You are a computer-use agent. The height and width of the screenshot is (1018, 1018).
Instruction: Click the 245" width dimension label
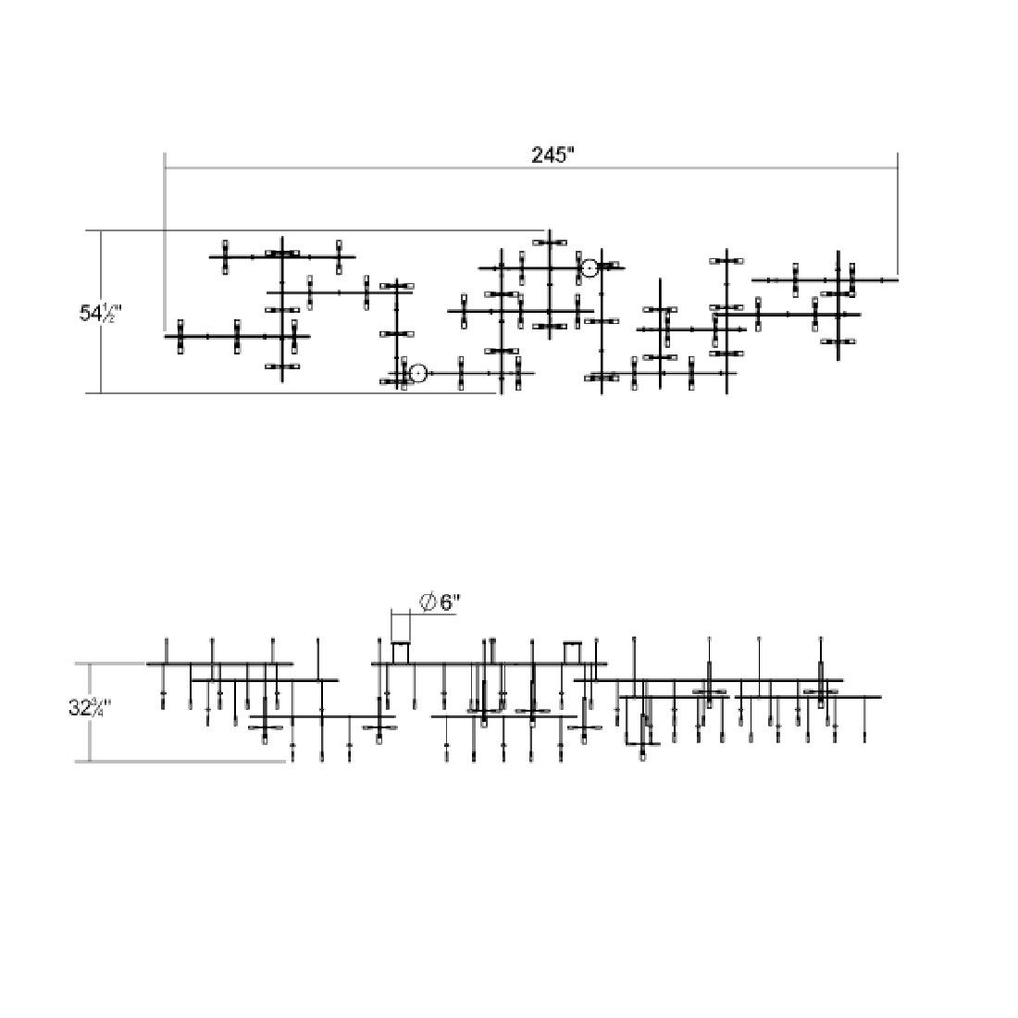pos(552,155)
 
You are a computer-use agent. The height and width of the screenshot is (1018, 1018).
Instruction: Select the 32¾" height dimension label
pos(89,708)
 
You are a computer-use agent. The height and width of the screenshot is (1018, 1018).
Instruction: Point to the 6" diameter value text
pos(449,602)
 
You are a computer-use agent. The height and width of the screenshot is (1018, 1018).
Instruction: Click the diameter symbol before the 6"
pos(428,602)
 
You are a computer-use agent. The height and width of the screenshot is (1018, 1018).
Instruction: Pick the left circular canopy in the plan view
pos(417,373)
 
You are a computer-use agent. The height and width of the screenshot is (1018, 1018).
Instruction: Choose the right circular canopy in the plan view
pos(589,268)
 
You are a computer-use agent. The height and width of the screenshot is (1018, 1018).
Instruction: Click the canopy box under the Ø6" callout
pos(401,652)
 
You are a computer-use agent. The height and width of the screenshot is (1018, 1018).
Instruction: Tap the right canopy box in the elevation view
pos(572,652)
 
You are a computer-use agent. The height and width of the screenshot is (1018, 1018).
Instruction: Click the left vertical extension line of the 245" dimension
pos(165,241)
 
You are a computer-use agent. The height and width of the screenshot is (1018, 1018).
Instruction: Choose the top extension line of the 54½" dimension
pos(324,230)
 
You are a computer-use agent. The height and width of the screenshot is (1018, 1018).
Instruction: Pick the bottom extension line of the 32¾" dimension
pos(185,762)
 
